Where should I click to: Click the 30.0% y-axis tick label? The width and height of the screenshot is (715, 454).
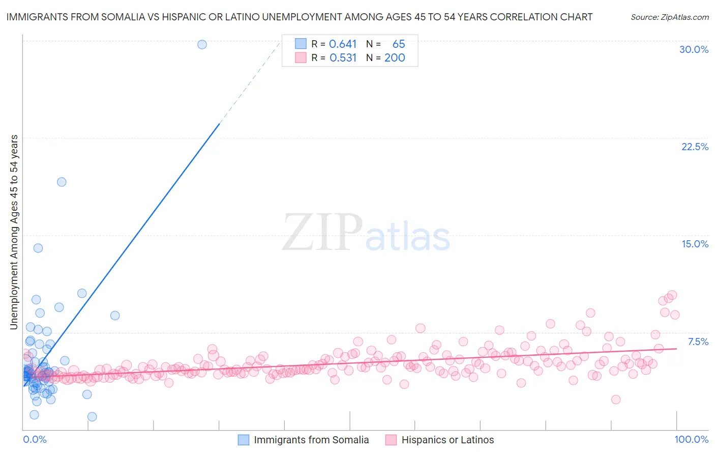(x=694, y=49)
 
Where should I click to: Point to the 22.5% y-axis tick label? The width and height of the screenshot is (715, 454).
(x=695, y=147)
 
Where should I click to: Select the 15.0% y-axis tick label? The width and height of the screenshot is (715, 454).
(x=695, y=244)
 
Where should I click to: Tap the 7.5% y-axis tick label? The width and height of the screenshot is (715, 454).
(x=698, y=342)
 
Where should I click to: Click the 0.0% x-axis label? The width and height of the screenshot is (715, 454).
(x=35, y=439)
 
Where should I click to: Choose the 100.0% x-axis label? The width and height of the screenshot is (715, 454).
(x=691, y=439)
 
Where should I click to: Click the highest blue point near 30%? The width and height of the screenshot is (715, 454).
(x=202, y=44)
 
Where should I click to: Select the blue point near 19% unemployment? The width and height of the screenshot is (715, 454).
(x=62, y=182)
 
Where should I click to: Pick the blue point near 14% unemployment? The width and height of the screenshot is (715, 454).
(x=38, y=248)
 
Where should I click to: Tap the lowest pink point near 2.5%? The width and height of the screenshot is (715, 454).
(x=616, y=400)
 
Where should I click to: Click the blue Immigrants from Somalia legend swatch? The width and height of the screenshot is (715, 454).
(x=244, y=440)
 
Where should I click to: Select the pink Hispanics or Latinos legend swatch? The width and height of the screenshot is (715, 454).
(x=391, y=440)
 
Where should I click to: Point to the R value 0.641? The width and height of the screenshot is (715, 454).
(x=343, y=44)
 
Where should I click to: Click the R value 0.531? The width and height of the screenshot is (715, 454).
(x=343, y=58)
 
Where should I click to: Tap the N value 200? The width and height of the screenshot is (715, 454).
(x=395, y=58)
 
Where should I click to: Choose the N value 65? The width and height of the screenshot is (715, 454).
(x=398, y=44)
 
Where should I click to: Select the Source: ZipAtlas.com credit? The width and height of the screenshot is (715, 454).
(x=669, y=17)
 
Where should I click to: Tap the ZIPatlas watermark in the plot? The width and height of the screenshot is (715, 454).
(x=366, y=233)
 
